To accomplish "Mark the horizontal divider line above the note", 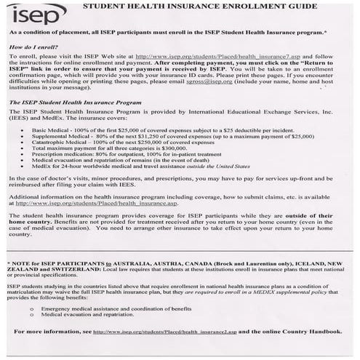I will [180, 255].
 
